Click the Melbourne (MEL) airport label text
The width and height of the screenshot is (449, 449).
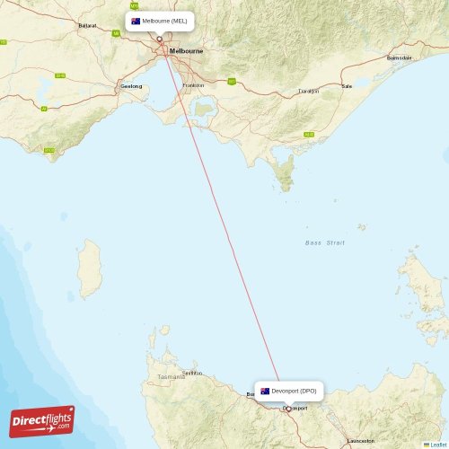[x=165, y=21]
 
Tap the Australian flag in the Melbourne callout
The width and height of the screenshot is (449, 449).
[x=136, y=21]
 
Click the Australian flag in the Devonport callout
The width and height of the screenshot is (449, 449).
[x=265, y=392]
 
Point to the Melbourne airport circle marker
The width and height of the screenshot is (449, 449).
[x=160, y=39]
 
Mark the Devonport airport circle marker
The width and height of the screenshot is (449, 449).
[x=288, y=409]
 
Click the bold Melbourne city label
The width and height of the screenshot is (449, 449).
[x=186, y=51]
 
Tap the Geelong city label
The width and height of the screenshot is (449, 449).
[x=130, y=86]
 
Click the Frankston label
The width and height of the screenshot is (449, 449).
[x=193, y=85]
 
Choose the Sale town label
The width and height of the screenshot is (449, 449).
[x=347, y=86]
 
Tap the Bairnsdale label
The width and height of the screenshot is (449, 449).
[x=399, y=57]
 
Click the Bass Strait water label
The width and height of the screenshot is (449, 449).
[x=325, y=243]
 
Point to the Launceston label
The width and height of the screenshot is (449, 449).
[x=360, y=441]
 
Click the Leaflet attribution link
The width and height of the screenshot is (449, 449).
[x=436, y=444]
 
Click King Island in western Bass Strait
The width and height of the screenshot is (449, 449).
[x=90, y=269]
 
